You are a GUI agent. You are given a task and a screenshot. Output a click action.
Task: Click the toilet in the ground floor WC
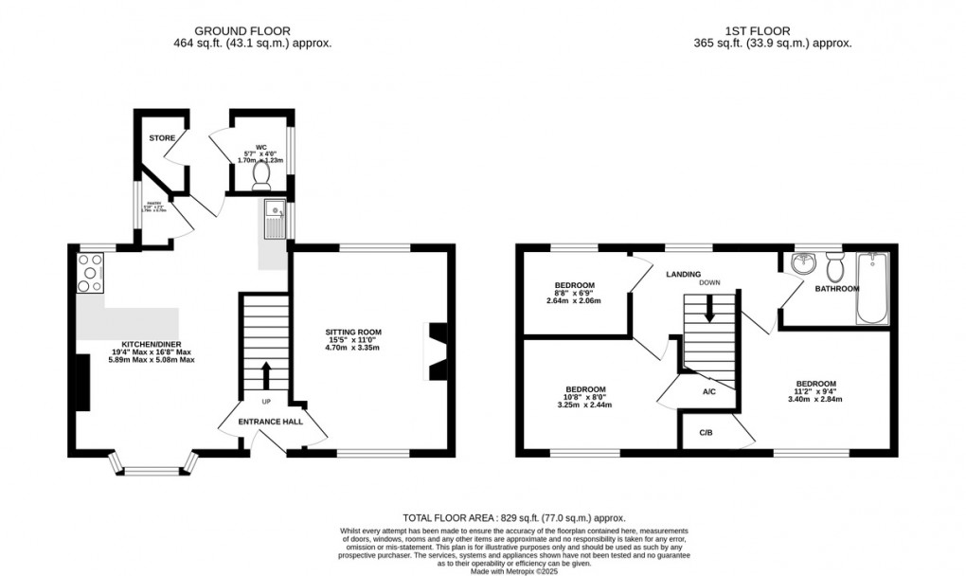pos(262,175)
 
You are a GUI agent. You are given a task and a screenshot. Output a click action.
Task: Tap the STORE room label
pos(161,138)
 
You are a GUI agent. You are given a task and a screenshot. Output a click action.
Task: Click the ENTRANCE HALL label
pos(270,421)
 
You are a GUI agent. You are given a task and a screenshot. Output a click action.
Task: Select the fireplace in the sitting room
pos(437,351)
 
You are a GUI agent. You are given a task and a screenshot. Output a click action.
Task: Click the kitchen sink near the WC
pos(276,221)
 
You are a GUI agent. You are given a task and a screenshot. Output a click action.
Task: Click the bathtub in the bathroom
pos(871,288)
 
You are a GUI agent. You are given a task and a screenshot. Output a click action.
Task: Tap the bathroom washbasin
pos(804,262)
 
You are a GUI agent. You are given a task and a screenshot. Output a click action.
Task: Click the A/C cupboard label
pos(707,390)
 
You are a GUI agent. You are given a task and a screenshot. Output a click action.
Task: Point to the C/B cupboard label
pos(706,432)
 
